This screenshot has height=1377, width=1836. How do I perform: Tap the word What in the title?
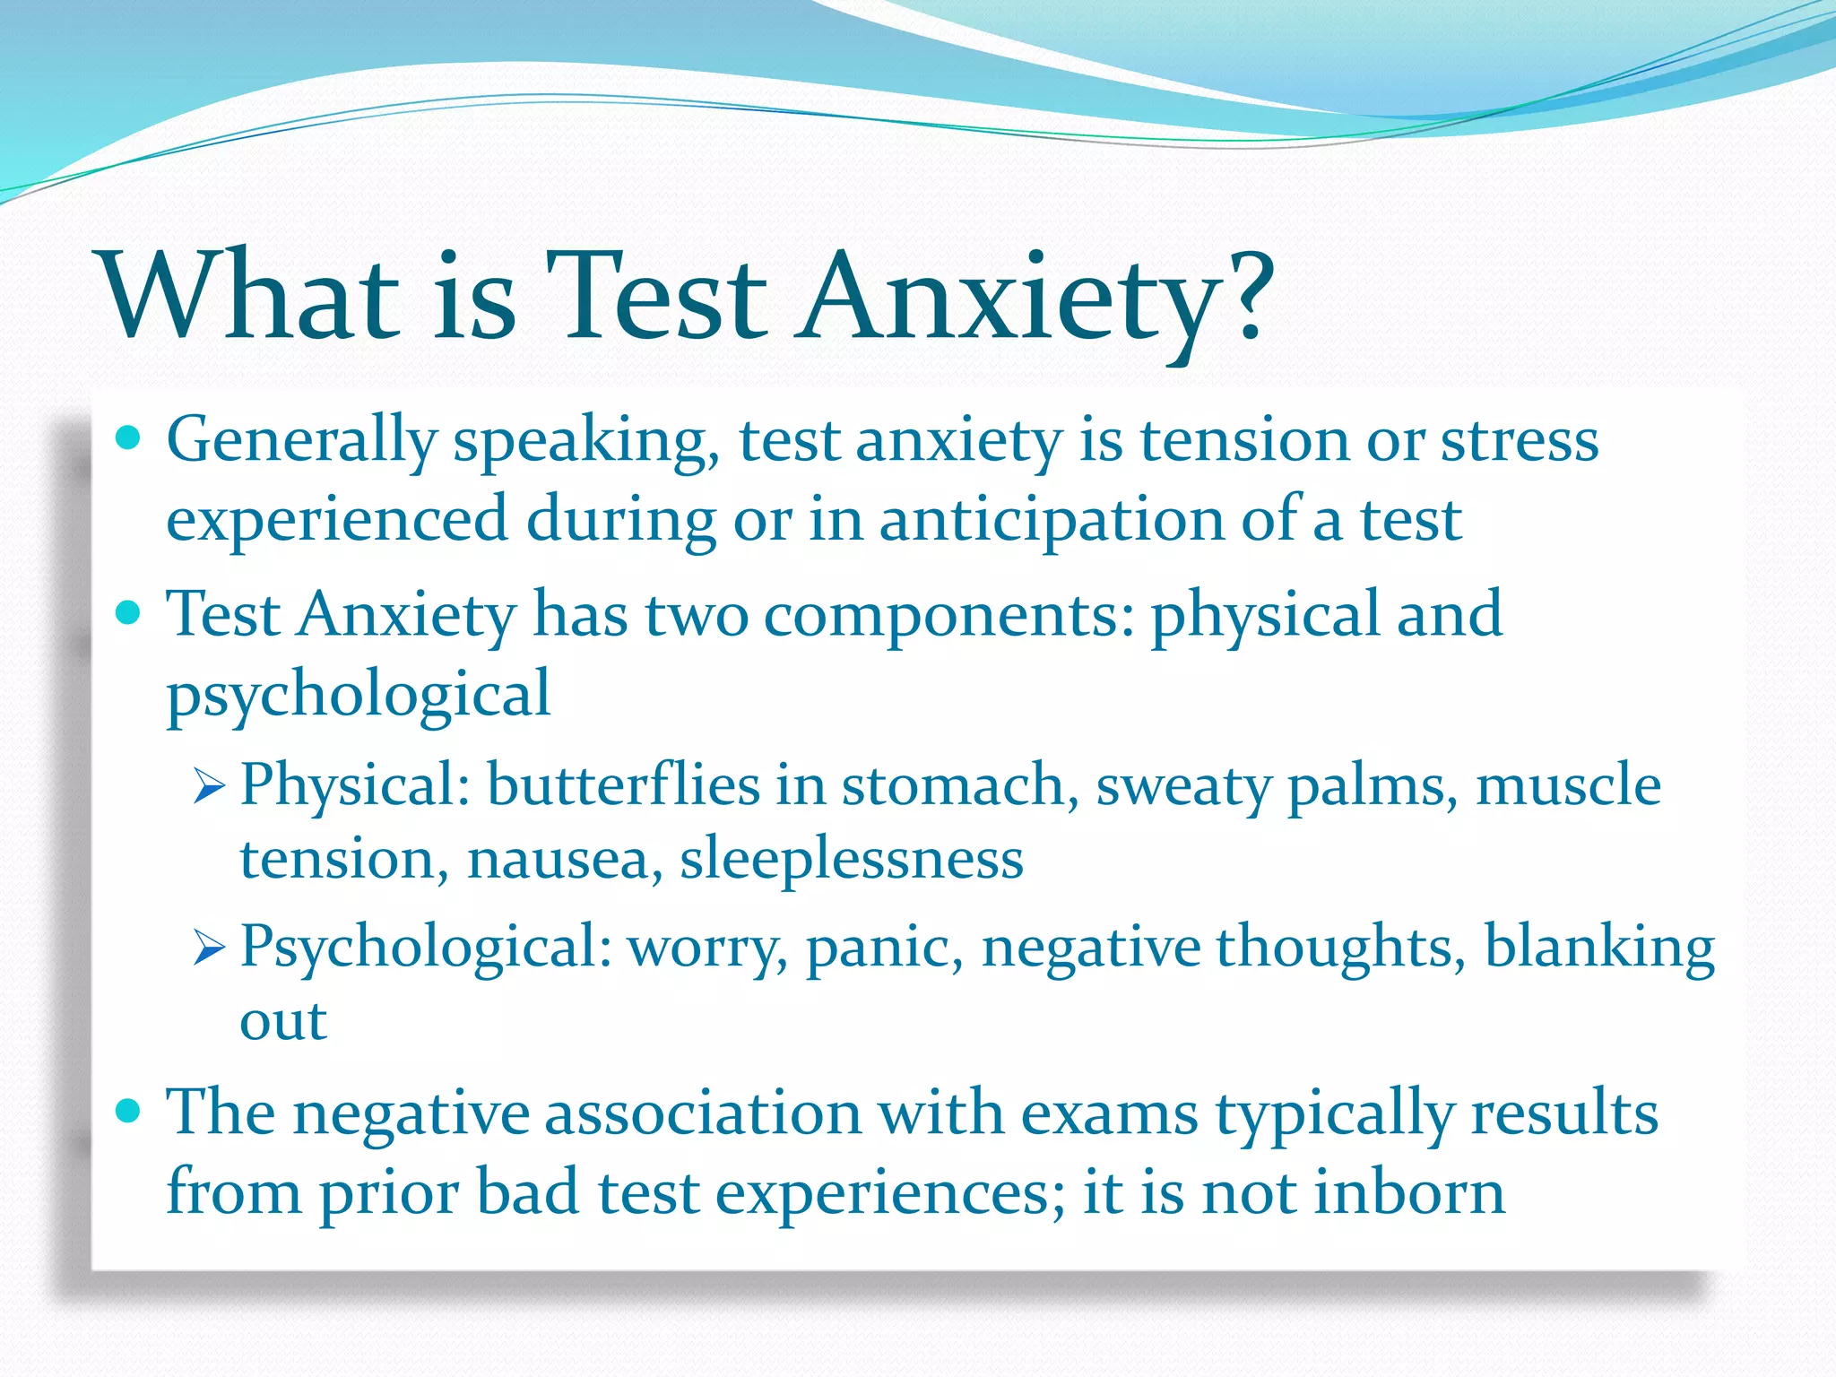(251, 296)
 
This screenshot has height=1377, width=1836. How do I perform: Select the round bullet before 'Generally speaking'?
(129, 439)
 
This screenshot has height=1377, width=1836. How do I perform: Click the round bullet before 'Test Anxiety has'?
(129, 614)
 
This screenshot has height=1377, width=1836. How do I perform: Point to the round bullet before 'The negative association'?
(129, 1112)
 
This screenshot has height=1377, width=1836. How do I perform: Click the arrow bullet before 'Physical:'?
(208, 787)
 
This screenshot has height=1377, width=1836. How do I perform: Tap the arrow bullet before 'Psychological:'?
(208, 948)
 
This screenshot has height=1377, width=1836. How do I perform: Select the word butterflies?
(622, 785)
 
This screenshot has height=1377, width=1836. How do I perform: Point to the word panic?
(884, 948)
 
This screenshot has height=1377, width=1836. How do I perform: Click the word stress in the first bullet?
(1519, 441)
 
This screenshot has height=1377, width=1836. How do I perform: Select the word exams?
(1109, 1113)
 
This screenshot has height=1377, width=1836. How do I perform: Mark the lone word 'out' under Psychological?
(282, 1022)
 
